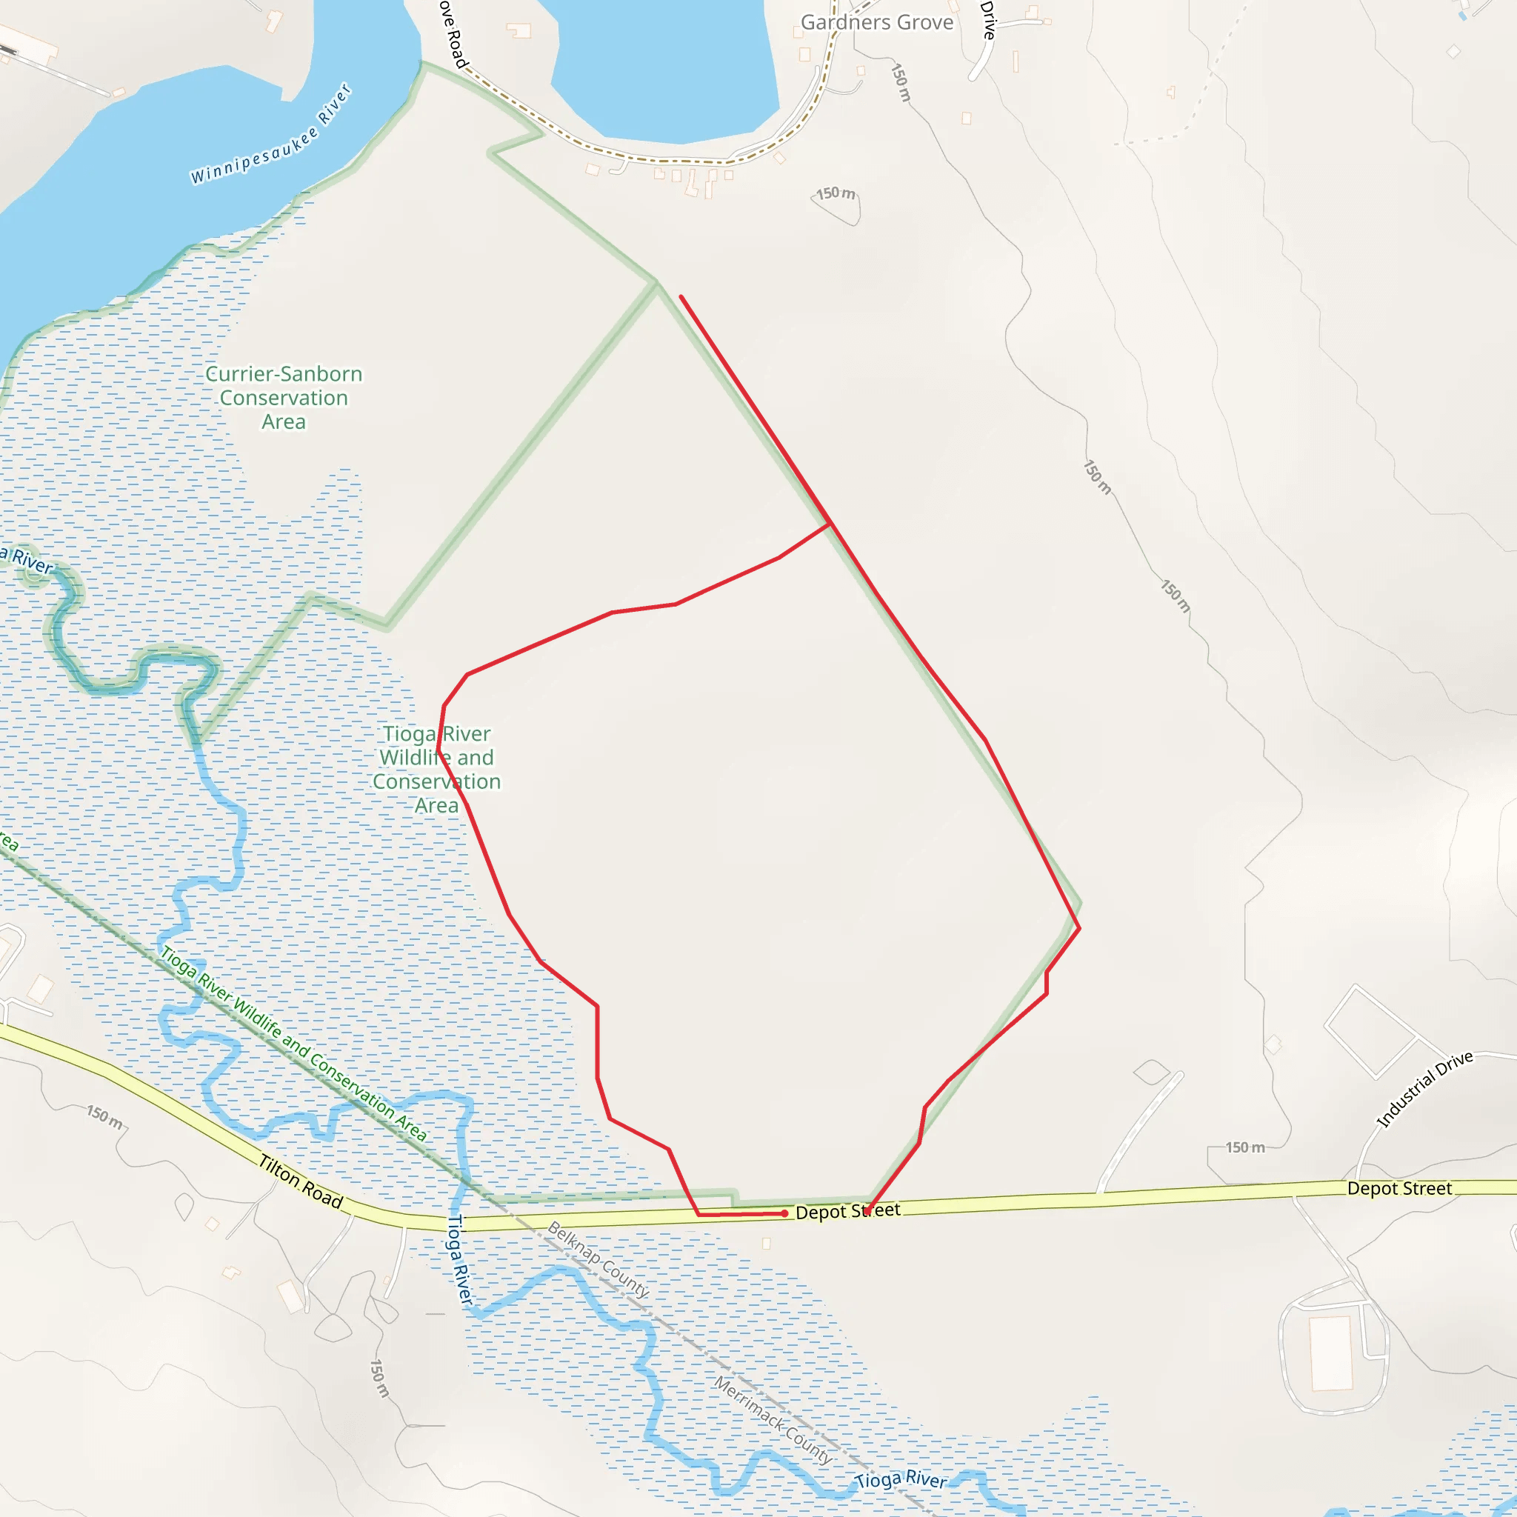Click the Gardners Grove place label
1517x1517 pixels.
876,23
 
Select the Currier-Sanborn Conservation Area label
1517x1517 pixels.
284,397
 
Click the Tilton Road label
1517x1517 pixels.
301,1181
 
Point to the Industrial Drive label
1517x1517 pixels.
1425,1089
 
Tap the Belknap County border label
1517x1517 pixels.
599,1259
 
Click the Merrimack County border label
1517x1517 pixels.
773,1420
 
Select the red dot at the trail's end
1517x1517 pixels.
784,1213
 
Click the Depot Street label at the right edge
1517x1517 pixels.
1399,1188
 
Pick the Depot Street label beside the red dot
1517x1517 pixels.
847,1211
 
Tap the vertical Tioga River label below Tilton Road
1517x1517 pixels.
460,1259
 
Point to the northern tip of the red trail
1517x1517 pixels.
681,297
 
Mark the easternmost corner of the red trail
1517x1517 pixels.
1080,928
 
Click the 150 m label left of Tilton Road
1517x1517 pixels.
104,1116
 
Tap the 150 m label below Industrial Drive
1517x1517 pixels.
1245,1147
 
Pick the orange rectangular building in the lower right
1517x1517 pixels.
1331,1353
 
